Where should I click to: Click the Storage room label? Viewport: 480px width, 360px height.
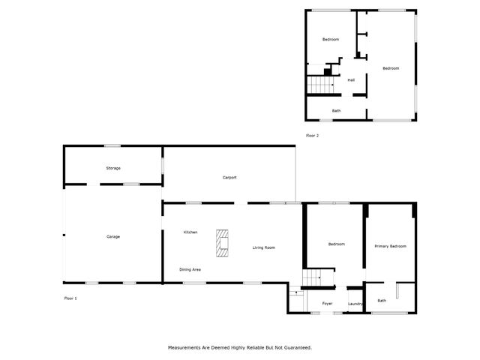click(x=113, y=168)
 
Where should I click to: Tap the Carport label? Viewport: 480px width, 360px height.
click(x=229, y=178)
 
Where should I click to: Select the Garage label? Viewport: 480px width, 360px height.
click(x=113, y=236)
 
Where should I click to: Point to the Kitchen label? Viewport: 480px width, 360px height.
click(x=190, y=232)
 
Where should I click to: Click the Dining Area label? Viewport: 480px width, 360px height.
click(x=190, y=269)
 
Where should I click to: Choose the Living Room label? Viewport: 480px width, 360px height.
click(x=263, y=247)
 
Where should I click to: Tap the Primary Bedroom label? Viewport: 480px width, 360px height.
click(x=390, y=246)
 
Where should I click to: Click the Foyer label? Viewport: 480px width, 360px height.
click(x=328, y=303)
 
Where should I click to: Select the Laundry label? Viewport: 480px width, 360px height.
click(x=355, y=303)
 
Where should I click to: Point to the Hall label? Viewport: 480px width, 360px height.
click(x=351, y=80)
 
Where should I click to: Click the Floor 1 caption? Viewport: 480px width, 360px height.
click(x=70, y=298)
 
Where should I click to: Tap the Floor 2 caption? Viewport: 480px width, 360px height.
click(x=312, y=135)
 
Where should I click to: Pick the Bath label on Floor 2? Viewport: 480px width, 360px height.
click(x=337, y=111)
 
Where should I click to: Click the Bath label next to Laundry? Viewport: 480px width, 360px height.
click(x=382, y=301)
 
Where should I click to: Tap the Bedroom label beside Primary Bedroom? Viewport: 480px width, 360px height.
click(x=337, y=244)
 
